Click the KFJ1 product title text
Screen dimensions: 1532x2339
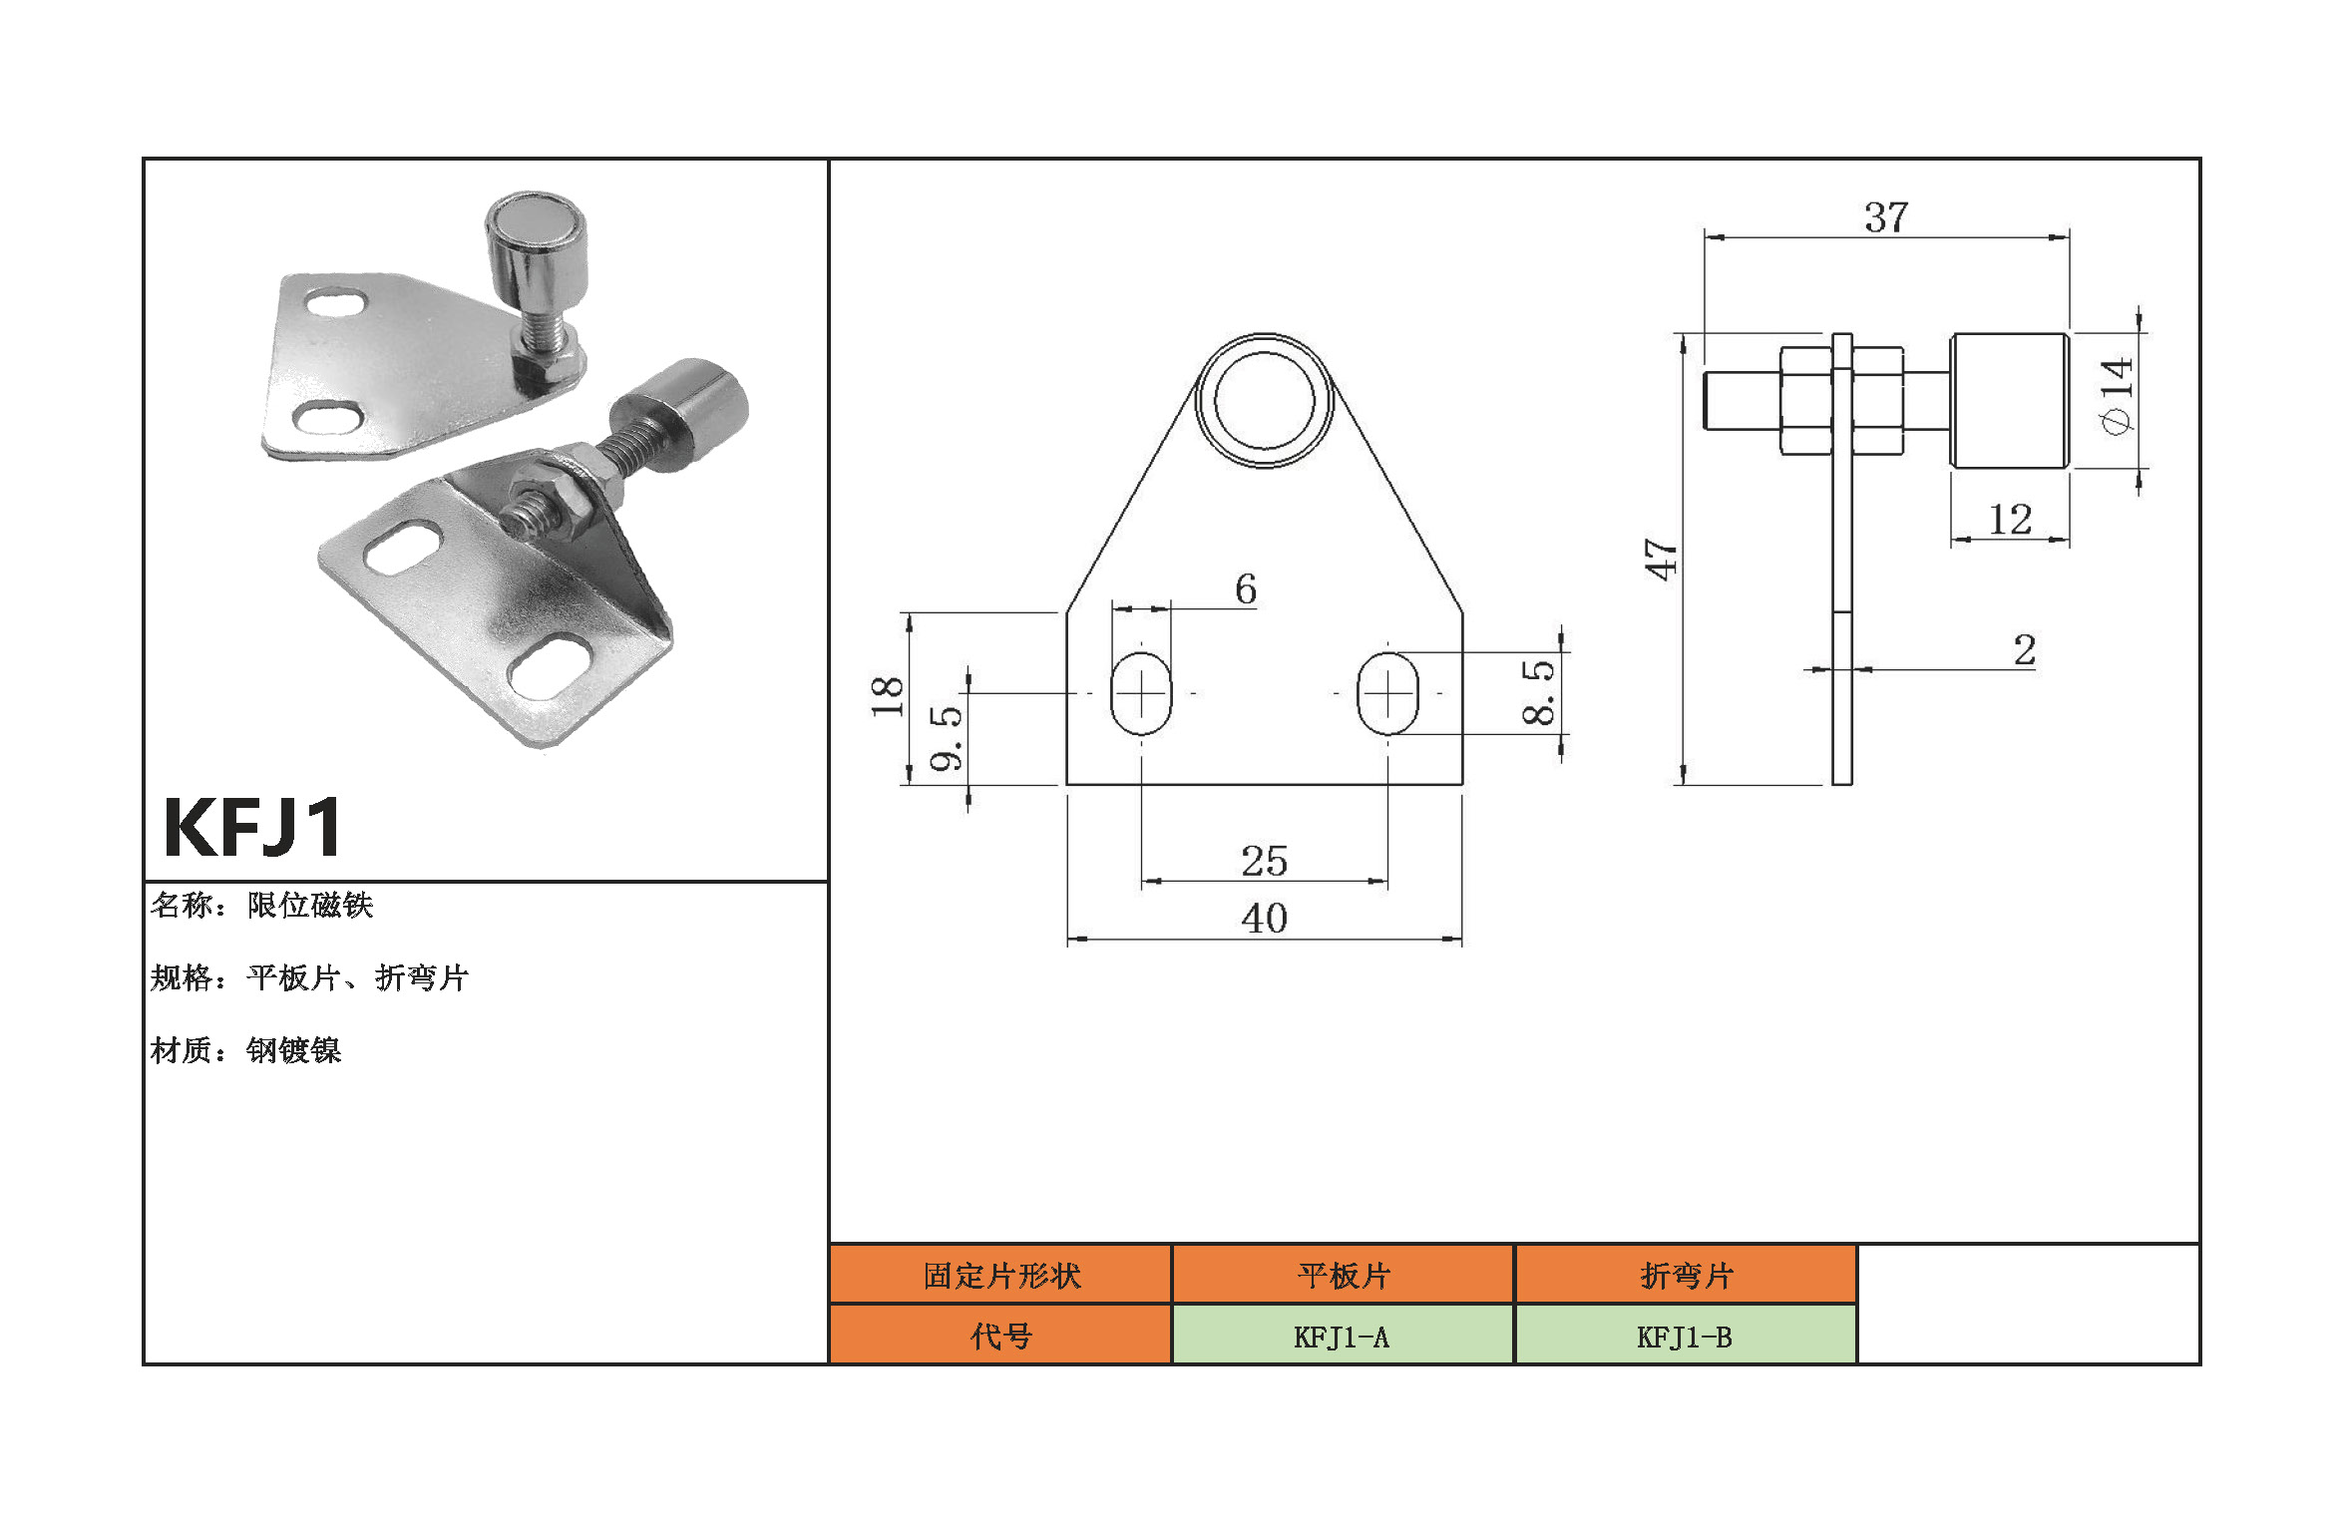[x=253, y=828]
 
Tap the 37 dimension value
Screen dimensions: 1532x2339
[x=1885, y=217]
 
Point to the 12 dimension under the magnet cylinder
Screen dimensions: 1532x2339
[x=2009, y=520]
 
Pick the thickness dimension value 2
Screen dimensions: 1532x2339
[x=2024, y=650]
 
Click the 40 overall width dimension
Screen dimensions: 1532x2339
[x=1264, y=919]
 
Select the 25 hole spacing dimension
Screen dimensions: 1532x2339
[x=1264, y=862]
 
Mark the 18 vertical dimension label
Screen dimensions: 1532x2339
[x=887, y=696]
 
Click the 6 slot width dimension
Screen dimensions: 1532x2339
[x=1245, y=589]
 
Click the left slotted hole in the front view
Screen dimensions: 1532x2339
[x=1140, y=693]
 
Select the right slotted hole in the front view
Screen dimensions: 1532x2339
[x=1387, y=693]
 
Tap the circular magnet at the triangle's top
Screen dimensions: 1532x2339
[x=1264, y=400]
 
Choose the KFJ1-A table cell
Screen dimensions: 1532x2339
[x=1342, y=1337]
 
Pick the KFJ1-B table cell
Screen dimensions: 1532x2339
[x=1685, y=1337]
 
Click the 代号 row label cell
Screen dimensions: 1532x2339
[x=1000, y=1337]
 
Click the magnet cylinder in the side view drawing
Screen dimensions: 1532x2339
[x=2009, y=401]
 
